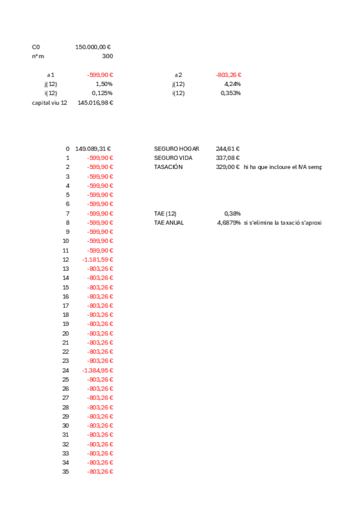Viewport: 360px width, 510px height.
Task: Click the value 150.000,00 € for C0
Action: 94,46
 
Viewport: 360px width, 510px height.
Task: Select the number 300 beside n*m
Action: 107,56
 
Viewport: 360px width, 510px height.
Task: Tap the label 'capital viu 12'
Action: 49,103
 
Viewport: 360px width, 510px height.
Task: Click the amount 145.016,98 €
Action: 96,103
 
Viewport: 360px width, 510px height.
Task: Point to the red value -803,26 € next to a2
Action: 228,75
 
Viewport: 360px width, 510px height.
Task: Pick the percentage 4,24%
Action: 232,84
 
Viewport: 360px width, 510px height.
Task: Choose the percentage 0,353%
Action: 231,93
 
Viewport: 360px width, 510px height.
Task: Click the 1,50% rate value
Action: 104,84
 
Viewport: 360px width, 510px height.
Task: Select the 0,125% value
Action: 102,93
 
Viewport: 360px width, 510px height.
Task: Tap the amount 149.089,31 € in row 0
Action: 93,149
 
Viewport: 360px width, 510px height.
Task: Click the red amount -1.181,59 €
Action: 97,259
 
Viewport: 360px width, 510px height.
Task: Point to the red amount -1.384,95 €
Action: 97,370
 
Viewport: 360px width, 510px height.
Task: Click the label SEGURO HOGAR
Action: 177,149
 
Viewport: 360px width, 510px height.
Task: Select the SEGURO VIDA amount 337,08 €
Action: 228,158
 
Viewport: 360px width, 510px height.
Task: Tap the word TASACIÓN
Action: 168,167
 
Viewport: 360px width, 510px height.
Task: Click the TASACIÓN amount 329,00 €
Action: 228,167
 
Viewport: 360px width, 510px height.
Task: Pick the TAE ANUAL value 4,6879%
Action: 228,223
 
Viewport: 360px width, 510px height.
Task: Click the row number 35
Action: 66,472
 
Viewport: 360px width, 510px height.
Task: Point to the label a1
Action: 50,75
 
